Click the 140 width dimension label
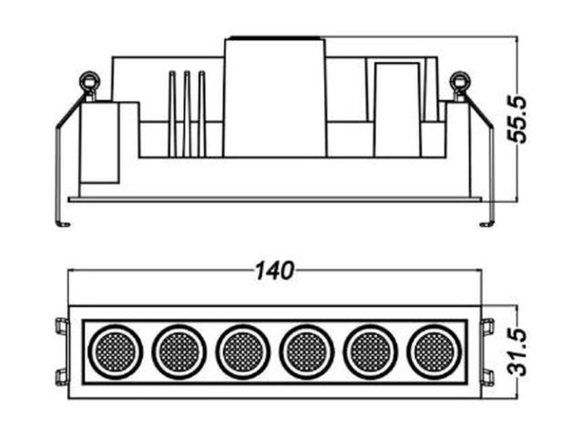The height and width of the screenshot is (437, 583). [x=274, y=270]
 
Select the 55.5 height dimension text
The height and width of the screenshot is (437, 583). [x=517, y=119]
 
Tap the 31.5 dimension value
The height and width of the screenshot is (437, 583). [x=517, y=352]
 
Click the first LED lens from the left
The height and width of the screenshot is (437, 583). [x=116, y=352]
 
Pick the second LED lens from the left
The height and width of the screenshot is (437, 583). [x=179, y=352]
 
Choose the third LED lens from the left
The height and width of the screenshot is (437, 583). [x=243, y=352]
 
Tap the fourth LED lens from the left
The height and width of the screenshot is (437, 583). [x=307, y=352]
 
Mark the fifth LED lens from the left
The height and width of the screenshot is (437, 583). [x=371, y=352]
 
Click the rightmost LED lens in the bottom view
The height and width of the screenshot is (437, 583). [x=435, y=352]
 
